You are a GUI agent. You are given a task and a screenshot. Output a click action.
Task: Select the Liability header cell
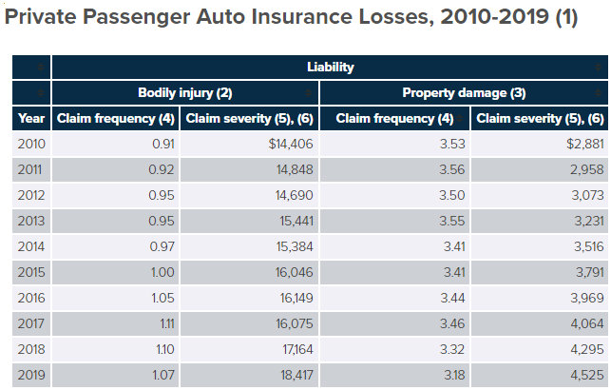(330, 68)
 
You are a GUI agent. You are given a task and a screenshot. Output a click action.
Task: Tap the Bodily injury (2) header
(185, 93)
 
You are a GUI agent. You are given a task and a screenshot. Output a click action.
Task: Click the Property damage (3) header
(464, 93)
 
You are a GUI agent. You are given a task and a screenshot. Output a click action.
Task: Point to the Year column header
(31, 119)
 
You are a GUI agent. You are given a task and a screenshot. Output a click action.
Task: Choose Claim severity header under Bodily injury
(249, 119)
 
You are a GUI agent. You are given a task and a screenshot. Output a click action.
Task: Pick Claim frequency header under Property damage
(394, 119)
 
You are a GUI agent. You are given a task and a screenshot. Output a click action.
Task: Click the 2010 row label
(32, 145)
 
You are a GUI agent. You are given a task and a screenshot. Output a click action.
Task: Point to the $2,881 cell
(580, 145)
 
